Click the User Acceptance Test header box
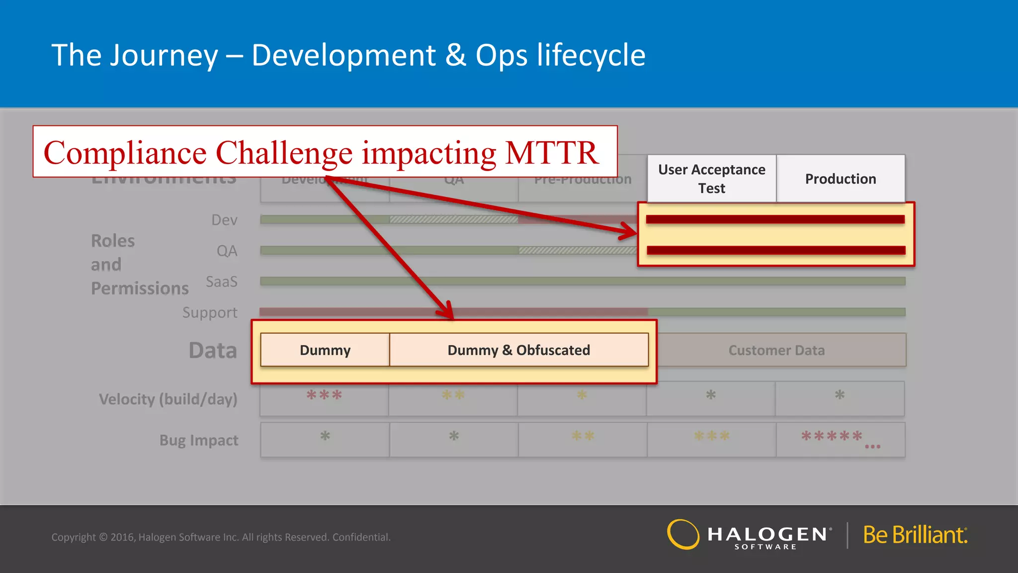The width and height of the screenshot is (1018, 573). (711, 179)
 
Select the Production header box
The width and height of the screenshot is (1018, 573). (840, 179)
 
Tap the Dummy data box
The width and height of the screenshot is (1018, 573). (325, 350)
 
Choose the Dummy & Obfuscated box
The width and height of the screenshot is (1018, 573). (518, 350)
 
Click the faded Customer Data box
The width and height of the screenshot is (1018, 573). (776, 350)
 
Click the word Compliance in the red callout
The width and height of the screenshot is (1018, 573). (125, 153)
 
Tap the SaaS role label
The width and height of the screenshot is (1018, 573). (222, 282)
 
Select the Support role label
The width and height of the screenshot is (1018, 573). (210, 312)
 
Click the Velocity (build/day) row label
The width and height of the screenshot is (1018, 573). (168, 399)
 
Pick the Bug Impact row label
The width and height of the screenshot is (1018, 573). (199, 440)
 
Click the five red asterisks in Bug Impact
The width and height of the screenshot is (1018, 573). (832, 436)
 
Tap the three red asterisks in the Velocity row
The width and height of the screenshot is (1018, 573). (324, 395)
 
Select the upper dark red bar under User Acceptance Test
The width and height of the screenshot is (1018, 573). (775, 219)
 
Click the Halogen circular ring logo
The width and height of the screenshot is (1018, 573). (683, 535)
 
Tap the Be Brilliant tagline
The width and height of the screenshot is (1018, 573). (915, 535)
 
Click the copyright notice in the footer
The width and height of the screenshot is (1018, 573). (221, 537)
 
